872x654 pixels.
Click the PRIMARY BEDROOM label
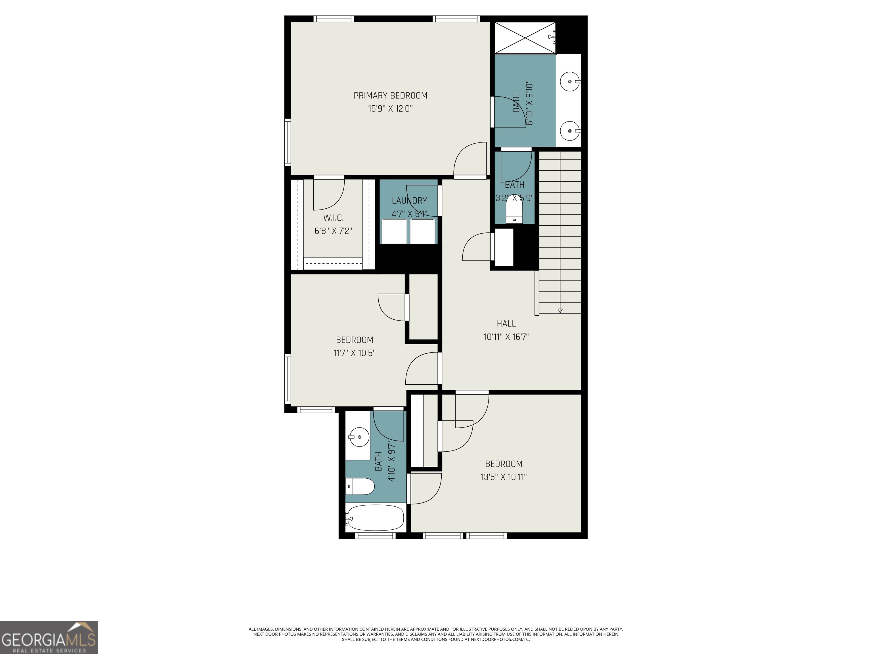tap(390, 95)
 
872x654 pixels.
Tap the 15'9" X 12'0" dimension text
tap(390, 109)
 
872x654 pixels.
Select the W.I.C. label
tap(334, 218)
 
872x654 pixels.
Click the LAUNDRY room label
tap(409, 201)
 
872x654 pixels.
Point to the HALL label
tap(506, 324)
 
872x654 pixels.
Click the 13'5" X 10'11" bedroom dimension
tap(503, 477)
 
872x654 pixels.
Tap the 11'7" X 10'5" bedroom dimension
tap(355, 353)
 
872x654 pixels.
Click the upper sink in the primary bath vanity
tap(570, 81)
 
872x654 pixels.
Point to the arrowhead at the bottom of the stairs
tap(560, 311)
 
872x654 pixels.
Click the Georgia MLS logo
tap(49, 638)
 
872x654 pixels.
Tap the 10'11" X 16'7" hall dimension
tap(506, 337)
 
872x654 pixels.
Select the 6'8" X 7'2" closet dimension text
tap(333, 231)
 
